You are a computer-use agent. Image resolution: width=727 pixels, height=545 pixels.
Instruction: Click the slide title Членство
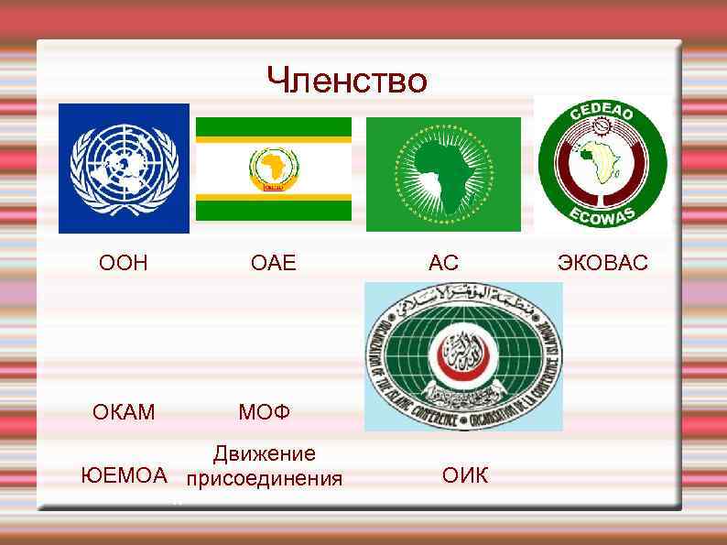click(x=347, y=81)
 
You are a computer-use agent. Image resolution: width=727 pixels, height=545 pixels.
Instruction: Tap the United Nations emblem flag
click(x=124, y=168)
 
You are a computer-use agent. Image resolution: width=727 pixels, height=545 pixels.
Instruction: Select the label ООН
click(x=123, y=264)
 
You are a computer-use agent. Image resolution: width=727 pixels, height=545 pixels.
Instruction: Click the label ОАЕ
click(x=274, y=264)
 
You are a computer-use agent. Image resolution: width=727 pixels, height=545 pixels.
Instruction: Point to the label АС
click(x=443, y=264)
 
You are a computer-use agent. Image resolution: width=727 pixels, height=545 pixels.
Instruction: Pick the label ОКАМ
click(x=124, y=412)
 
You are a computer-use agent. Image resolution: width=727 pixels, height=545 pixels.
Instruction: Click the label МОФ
click(x=264, y=412)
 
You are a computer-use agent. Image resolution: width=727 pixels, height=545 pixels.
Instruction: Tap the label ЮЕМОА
click(x=125, y=475)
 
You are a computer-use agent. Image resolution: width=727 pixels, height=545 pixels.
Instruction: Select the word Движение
click(x=264, y=453)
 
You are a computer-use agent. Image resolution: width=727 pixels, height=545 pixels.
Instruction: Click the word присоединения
click(x=264, y=478)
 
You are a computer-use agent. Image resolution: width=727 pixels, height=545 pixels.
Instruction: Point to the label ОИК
click(x=465, y=475)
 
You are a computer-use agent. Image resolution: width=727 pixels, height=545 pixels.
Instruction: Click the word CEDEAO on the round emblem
click(x=602, y=115)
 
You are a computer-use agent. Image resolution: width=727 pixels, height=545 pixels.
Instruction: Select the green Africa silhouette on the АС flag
click(x=443, y=173)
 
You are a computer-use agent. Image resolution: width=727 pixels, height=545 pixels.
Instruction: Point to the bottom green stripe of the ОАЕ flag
click(x=274, y=211)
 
